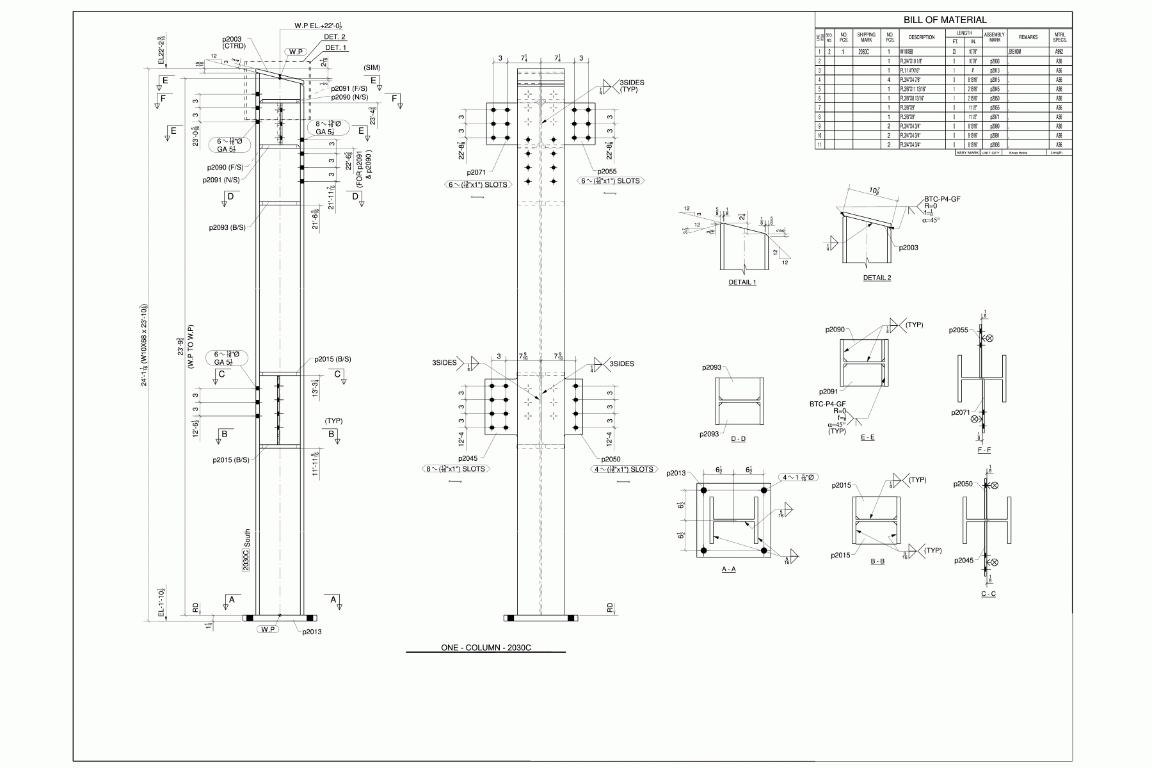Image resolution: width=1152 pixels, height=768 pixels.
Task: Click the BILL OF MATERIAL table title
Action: pyautogui.click(x=945, y=20)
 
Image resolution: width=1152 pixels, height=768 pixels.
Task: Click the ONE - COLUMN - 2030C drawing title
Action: pyautogui.click(x=486, y=648)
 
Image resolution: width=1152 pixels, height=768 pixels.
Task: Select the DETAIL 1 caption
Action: pyautogui.click(x=742, y=282)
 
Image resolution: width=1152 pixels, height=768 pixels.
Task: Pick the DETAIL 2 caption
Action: pyautogui.click(x=877, y=278)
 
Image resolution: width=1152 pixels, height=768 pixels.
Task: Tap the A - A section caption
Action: pyautogui.click(x=728, y=570)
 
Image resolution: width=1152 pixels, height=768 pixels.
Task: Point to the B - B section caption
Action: pyautogui.click(x=877, y=561)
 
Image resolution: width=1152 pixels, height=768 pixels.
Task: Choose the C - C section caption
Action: pyautogui.click(x=988, y=594)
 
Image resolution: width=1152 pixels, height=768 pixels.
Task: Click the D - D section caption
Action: pyautogui.click(x=738, y=439)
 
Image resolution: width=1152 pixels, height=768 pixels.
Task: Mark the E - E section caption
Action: pyautogui.click(x=867, y=437)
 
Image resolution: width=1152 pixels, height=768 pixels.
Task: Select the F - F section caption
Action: pyautogui.click(x=984, y=450)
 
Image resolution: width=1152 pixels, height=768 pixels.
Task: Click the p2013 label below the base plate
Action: pyautogui.click(x=312, y=632)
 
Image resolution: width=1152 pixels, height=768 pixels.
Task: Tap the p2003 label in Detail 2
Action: pyautogui.click(x=908, y=248)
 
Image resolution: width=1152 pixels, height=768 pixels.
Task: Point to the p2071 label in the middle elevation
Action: pyautogui.click(x=477, y=172)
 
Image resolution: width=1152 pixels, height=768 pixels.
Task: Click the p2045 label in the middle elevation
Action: pyautogui.click(x=468, y=458)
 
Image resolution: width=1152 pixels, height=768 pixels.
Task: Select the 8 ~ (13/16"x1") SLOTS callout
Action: pyautogui.click(x=456, y=469)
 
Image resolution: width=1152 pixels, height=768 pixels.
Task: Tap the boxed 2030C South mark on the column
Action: pyautogui.click(x=246, y=550)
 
